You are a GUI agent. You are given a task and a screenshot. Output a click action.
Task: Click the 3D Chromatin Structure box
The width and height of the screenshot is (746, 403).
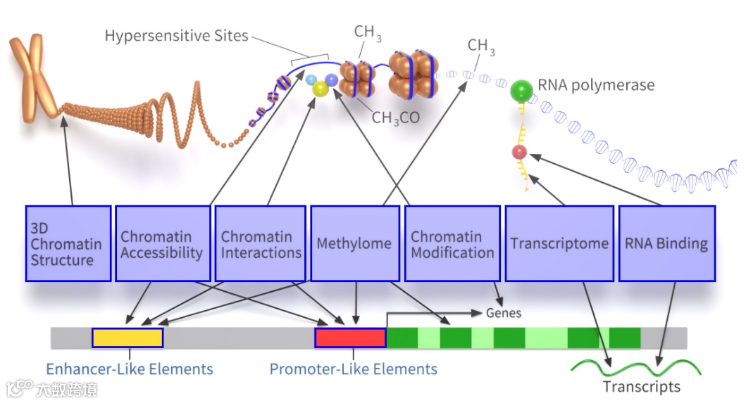[68, 244]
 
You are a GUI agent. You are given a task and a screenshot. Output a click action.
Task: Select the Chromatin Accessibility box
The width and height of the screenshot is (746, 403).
[163, 244]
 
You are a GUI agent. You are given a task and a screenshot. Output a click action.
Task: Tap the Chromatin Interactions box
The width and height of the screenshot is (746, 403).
[260, 244]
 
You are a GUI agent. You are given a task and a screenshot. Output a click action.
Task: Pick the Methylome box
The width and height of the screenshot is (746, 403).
[355, 244]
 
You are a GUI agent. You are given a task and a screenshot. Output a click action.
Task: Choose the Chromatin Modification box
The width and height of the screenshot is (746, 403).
[452, 244]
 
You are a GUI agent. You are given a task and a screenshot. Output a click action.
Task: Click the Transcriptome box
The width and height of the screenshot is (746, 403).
[559, 244]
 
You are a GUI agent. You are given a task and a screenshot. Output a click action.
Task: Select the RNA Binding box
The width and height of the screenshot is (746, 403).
[667, 244]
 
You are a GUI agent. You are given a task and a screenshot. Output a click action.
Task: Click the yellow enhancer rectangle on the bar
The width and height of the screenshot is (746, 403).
[128, 338]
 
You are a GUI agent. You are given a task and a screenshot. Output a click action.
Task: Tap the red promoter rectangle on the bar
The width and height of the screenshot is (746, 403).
[351, 338]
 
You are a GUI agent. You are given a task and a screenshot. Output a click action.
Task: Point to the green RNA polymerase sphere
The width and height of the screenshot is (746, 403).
[521, 90]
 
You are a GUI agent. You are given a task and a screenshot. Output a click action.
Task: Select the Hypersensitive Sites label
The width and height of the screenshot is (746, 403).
[177, 36]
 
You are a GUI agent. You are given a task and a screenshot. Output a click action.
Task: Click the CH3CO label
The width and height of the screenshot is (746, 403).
[395, 118]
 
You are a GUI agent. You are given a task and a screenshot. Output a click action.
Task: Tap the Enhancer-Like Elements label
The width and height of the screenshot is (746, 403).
[130, 369]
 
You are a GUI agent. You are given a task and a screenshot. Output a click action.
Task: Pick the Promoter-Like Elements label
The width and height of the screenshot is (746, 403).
[354, 369]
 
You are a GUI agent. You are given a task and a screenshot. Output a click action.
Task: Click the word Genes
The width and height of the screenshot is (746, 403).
[504, 313]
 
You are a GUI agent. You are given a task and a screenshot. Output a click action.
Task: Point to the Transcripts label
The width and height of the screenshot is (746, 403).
[642, 387]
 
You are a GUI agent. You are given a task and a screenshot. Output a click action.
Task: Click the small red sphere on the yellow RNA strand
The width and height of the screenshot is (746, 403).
[519, 152]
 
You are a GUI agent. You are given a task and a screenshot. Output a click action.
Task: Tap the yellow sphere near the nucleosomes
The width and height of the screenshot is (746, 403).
[321, 89]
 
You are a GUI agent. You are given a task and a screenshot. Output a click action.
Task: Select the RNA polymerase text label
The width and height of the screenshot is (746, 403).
[596, 85]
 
